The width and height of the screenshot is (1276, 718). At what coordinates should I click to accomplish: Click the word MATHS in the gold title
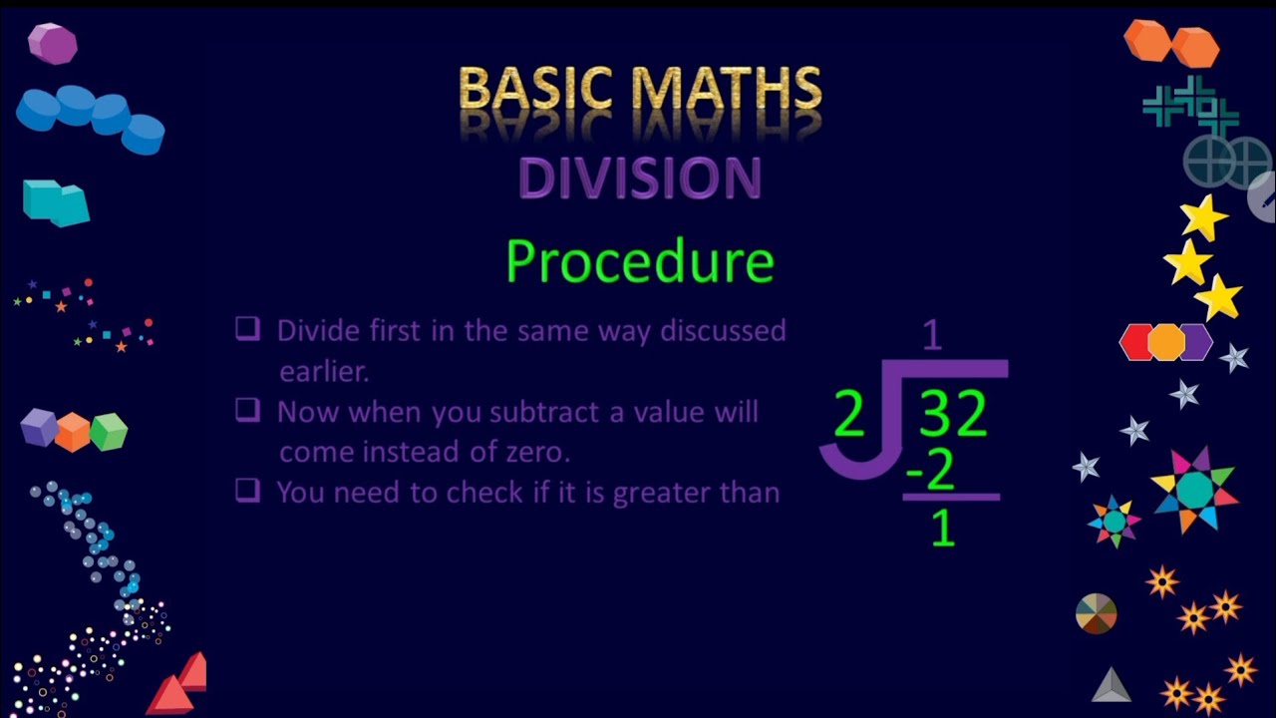coord(729,90)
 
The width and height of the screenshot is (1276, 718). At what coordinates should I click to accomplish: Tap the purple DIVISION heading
coord(640,179)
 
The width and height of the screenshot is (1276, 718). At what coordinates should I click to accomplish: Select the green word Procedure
coord(639,261)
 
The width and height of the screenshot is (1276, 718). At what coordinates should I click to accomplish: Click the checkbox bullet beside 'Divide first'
coord(247,328)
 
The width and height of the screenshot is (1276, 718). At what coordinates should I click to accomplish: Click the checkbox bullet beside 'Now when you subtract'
coord(247,410)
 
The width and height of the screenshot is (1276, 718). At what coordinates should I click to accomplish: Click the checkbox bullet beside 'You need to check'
coord(247,490)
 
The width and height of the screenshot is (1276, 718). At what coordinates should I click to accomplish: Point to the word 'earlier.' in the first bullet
coord(324,371)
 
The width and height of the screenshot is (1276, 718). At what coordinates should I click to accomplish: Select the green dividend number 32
coord(953,415)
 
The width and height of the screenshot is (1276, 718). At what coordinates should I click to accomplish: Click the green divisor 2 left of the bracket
coord(849,415)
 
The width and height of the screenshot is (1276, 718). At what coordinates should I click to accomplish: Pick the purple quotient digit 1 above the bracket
coord(932,336)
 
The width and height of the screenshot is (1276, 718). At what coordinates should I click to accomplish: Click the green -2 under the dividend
coord(931,472)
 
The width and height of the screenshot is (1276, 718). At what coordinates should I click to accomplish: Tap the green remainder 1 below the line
coord(942,529)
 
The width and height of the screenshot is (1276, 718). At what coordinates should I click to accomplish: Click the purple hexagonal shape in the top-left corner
coord(52,44)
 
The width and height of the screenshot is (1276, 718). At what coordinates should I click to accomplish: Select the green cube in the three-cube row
coord(109,432)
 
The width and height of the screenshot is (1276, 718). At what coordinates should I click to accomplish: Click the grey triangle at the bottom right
coord(1111,685)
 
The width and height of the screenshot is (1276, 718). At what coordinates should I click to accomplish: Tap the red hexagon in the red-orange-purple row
coord(1136,342)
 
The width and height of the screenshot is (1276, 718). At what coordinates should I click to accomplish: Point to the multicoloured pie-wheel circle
coord(1097,613)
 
